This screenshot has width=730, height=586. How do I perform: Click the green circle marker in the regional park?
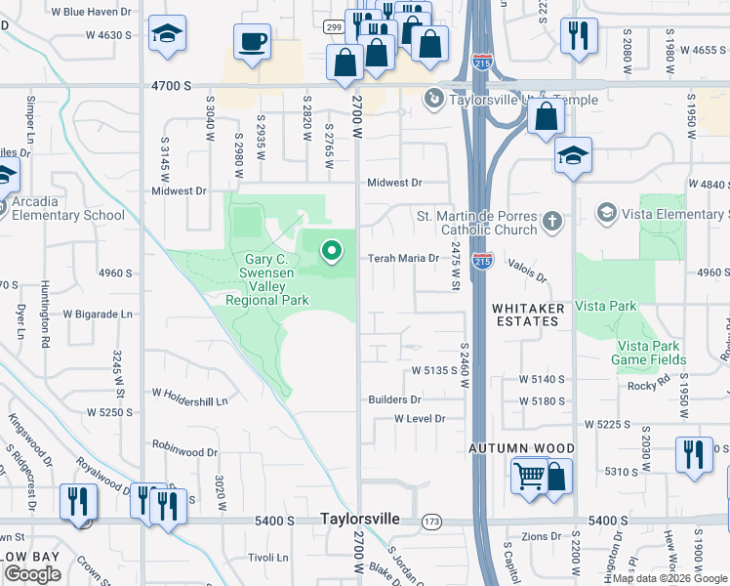coord(331,252)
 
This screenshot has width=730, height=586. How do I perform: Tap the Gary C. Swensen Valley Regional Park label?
coord(267,279)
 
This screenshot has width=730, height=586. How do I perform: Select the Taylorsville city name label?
coord(360,520)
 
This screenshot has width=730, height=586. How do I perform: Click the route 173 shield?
coord(431,522)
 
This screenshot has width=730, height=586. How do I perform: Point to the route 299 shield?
coord(333,26)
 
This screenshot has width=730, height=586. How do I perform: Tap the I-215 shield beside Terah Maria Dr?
coord(482,260)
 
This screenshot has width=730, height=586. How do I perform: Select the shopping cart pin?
coord(529,477)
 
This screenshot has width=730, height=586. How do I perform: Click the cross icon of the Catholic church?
coord(552,221)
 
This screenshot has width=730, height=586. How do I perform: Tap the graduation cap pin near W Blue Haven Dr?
coord(168,34)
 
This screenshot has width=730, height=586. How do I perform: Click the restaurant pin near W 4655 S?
coord(579,35)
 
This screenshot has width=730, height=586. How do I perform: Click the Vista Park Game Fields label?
coord(649,353)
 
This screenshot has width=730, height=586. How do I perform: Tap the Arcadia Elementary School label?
coord(62,208)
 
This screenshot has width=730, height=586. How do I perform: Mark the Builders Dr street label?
coord(394,399)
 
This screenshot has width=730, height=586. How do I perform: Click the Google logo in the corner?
coord(32,574)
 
